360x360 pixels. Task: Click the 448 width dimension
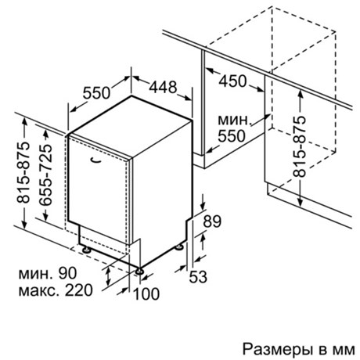163,87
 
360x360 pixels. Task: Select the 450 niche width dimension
232,81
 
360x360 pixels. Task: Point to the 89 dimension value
212,221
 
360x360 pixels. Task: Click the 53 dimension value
198,277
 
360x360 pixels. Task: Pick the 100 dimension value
146,293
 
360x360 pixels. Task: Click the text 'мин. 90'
48,273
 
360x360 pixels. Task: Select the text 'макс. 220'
56,290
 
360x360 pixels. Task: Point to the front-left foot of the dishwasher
86,250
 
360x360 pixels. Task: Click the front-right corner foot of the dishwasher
139,272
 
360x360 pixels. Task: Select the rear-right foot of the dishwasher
179,247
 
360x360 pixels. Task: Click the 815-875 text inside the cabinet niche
299,146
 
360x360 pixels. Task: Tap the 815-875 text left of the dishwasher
23,172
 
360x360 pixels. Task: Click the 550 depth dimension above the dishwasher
97,93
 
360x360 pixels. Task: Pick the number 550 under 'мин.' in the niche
232,136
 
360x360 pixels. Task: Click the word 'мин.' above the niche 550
235,120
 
